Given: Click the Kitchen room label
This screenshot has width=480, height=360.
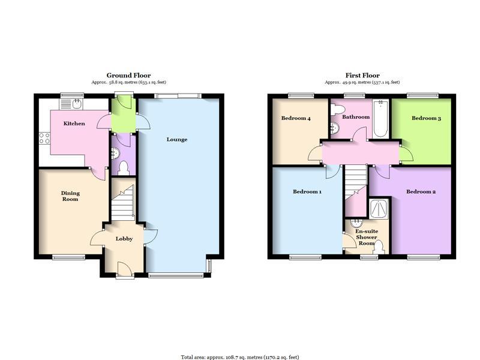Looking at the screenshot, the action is [74, 124].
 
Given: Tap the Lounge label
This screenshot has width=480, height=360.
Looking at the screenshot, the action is [177, 140].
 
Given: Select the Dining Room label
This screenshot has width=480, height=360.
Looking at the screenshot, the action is [70, 196].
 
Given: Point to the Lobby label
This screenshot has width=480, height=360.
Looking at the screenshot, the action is [124, 239].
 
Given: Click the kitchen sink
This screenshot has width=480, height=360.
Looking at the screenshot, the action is [71, 104].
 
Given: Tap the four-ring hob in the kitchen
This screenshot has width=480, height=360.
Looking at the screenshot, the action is [44, 138].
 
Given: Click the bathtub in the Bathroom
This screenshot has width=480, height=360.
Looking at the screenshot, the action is [381, 118].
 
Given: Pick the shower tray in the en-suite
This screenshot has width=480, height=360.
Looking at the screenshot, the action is [379, 209].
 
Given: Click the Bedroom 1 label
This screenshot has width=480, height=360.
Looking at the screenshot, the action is [307, 191].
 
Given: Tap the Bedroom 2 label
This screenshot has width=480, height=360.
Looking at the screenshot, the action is [421, 191].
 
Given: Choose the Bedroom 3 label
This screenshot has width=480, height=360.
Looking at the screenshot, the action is [426, 118].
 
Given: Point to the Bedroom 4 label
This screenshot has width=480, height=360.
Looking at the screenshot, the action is [296, 118].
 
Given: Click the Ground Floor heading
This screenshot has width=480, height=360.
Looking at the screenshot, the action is [128, 76].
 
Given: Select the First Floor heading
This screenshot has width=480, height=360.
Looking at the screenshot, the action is [362, 76].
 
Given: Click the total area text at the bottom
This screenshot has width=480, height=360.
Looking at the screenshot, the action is [239, 357].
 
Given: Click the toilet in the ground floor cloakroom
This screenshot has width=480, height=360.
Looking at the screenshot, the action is [124, 168].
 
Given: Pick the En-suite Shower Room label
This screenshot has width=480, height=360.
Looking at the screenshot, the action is [367, 237].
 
